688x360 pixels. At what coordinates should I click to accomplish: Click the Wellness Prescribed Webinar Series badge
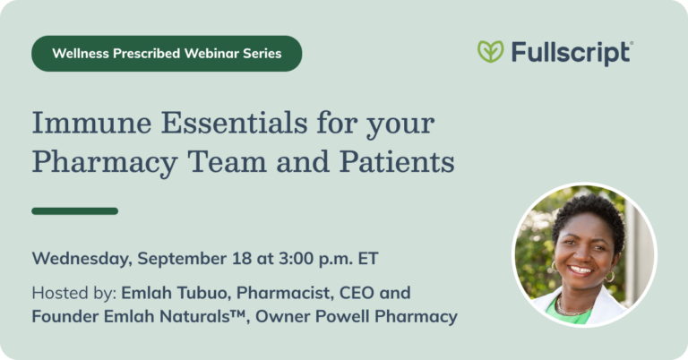pos(167,54)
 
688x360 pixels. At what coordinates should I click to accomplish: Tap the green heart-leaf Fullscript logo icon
pos(490,52)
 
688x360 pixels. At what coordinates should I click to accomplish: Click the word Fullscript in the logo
pos(572,53)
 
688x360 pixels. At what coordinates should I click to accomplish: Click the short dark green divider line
pos(74,211)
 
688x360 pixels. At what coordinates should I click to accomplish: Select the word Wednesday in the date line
pos(82,260)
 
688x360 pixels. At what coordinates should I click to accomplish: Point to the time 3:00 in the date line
pos(295,259)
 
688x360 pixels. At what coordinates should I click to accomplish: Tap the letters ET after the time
pos(367,259)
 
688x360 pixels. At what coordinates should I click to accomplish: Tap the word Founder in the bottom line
pos(64,317)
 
